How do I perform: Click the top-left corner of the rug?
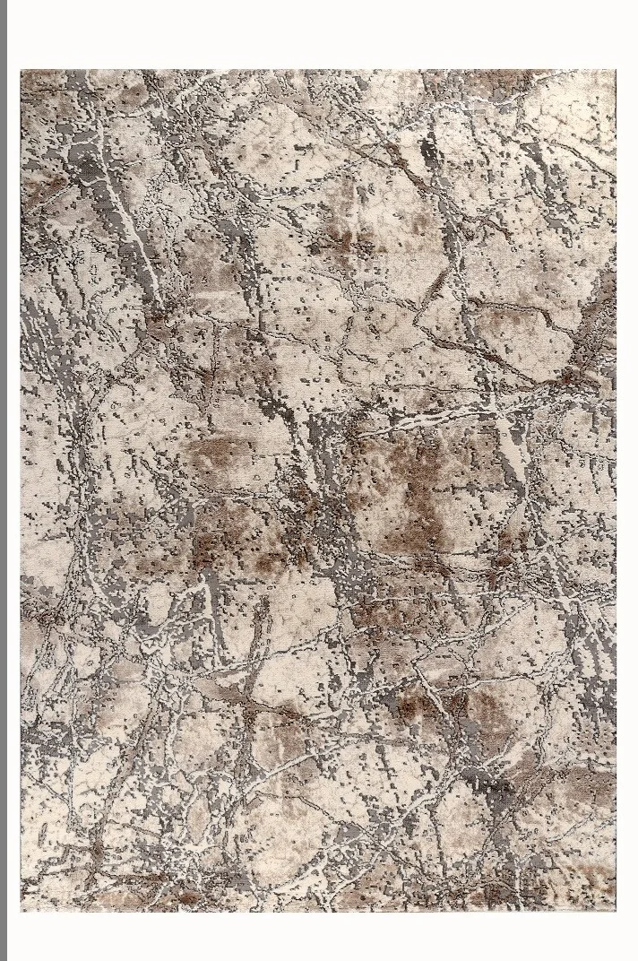coord(22,71)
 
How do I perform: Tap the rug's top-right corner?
coord(616,71)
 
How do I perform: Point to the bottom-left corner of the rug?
coord(22,910)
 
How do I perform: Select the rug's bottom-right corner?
coord(616,910)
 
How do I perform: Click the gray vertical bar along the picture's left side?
coord(3,480)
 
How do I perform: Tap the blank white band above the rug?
coord(319,34)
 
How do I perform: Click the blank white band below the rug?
coord(319,937)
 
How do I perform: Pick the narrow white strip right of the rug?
coord(627,480)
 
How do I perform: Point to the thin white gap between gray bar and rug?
coord(13,480)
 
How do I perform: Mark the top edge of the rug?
coord(319,71)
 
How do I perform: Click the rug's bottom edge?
coord(319,910)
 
